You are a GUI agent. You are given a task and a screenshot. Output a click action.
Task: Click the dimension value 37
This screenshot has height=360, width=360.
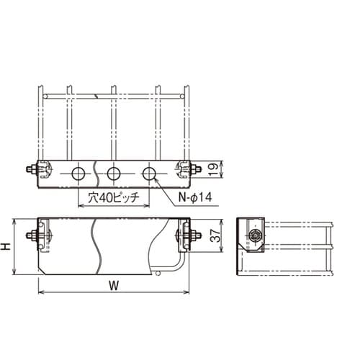(x=215, y=235)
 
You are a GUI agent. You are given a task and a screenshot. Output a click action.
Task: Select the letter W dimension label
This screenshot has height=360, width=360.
(x=114, y=286)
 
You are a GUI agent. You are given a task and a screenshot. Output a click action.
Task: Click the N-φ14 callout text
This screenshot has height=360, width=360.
(x=195, y=197)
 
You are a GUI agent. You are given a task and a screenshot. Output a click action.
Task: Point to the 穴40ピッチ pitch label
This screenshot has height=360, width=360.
(x=114, y=198)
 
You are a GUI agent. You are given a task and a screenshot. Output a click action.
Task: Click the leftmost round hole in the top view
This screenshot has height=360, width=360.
(x=78, y=174)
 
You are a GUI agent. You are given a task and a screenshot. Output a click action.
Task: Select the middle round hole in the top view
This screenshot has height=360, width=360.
(x=114, y=174)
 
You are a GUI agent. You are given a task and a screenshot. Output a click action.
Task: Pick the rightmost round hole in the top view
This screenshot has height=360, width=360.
(x=149, y=174)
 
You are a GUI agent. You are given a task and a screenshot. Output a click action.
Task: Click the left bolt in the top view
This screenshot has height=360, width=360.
(x=31, y=169)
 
